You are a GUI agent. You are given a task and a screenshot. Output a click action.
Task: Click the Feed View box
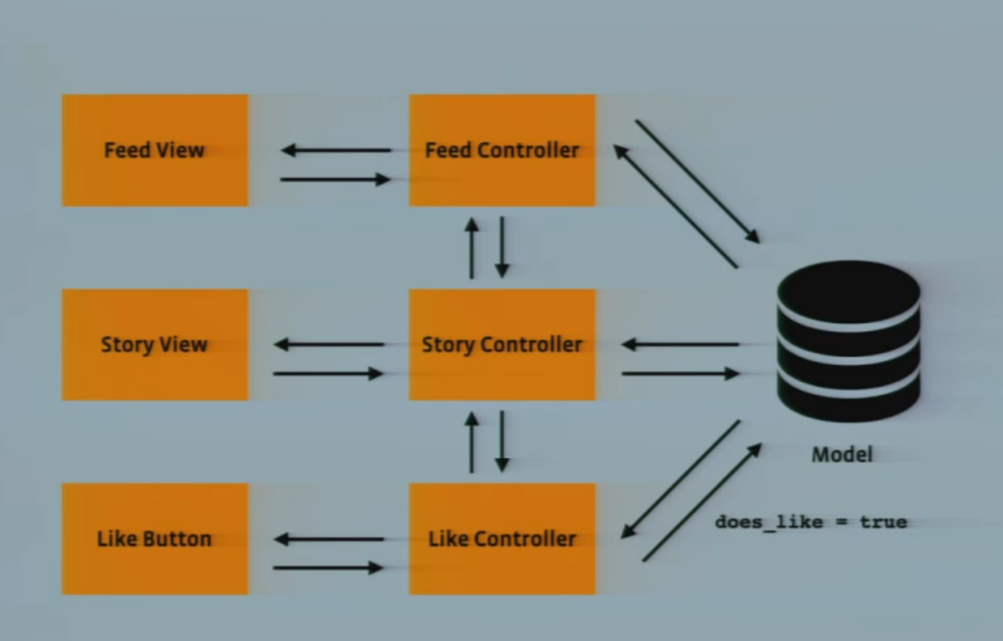(154, 150)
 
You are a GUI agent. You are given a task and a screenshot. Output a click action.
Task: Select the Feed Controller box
(501, 150)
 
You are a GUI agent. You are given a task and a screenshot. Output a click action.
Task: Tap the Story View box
(154, 344)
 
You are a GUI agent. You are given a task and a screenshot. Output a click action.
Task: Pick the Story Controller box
(501, 344)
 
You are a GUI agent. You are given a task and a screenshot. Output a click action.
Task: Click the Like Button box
(154, 539)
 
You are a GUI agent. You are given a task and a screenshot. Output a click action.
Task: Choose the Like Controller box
(501, 539)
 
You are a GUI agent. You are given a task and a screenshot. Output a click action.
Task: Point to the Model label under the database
(842, 454)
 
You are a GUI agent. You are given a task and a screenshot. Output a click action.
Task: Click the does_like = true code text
(810, 521)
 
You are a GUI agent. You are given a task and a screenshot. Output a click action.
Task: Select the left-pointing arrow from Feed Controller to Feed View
(336, 151)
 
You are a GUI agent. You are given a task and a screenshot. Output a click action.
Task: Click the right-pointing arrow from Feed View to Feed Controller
(336, 179)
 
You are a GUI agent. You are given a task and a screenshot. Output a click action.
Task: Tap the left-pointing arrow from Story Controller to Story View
(329, 344)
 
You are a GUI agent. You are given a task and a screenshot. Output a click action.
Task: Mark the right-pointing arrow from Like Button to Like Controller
(329, 567)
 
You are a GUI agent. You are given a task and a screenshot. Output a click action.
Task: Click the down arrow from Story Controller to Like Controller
(502, 441)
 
